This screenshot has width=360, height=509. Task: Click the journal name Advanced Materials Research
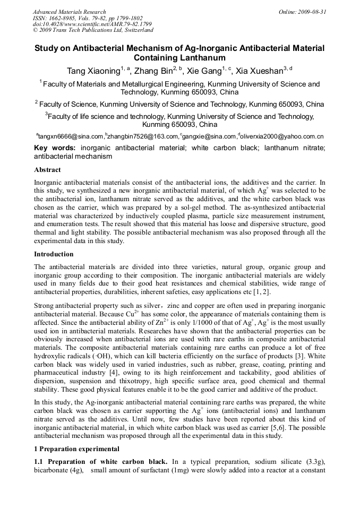tap(69, 12)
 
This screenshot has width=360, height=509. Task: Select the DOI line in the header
tap(92, 24)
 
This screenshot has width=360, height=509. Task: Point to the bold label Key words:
tap(55, 148)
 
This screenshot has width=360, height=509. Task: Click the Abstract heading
tap(47, 170)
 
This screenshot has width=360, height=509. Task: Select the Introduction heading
tap(54, 254)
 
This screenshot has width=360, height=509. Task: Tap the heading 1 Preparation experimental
tap(76, 449)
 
